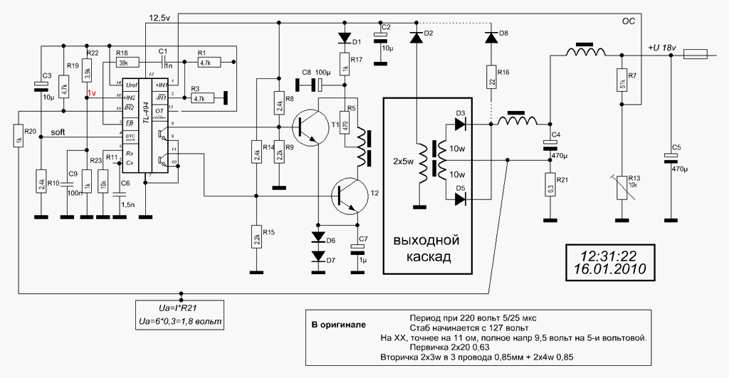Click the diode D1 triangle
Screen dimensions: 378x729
coord(345,38)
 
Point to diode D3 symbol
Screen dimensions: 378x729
coord(461,123)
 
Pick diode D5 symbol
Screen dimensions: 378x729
coord(461,199)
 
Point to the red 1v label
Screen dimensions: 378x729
coord(92,93)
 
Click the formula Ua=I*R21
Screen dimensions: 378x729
coord(182,309)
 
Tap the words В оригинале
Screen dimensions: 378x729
coord(339,325)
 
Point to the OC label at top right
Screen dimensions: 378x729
coord(629,22)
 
